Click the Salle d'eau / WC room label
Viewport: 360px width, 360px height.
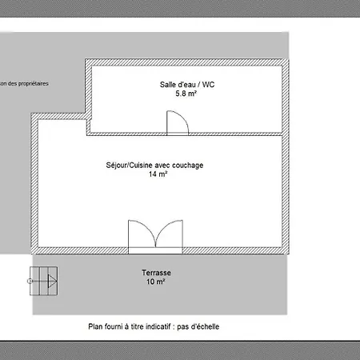187,85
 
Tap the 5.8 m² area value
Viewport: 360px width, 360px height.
186,94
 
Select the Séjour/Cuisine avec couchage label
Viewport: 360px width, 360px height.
154,166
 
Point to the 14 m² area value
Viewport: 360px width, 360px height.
158,174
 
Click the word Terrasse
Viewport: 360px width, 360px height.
156,273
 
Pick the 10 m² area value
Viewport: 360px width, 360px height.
156,282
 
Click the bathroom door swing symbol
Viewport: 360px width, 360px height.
178,122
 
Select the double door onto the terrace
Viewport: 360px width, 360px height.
155,237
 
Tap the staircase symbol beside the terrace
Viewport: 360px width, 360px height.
43,281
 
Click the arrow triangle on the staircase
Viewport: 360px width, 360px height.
52,281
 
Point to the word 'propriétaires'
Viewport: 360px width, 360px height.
34,84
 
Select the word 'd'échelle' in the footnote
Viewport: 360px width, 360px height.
206,326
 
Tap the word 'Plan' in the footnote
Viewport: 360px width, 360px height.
95,326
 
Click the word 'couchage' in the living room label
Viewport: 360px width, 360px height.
188,166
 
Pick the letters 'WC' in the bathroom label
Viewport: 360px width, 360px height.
209,85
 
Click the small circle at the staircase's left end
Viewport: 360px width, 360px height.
30,281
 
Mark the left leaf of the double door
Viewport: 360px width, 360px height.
142,234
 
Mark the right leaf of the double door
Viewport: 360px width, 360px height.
170,234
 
